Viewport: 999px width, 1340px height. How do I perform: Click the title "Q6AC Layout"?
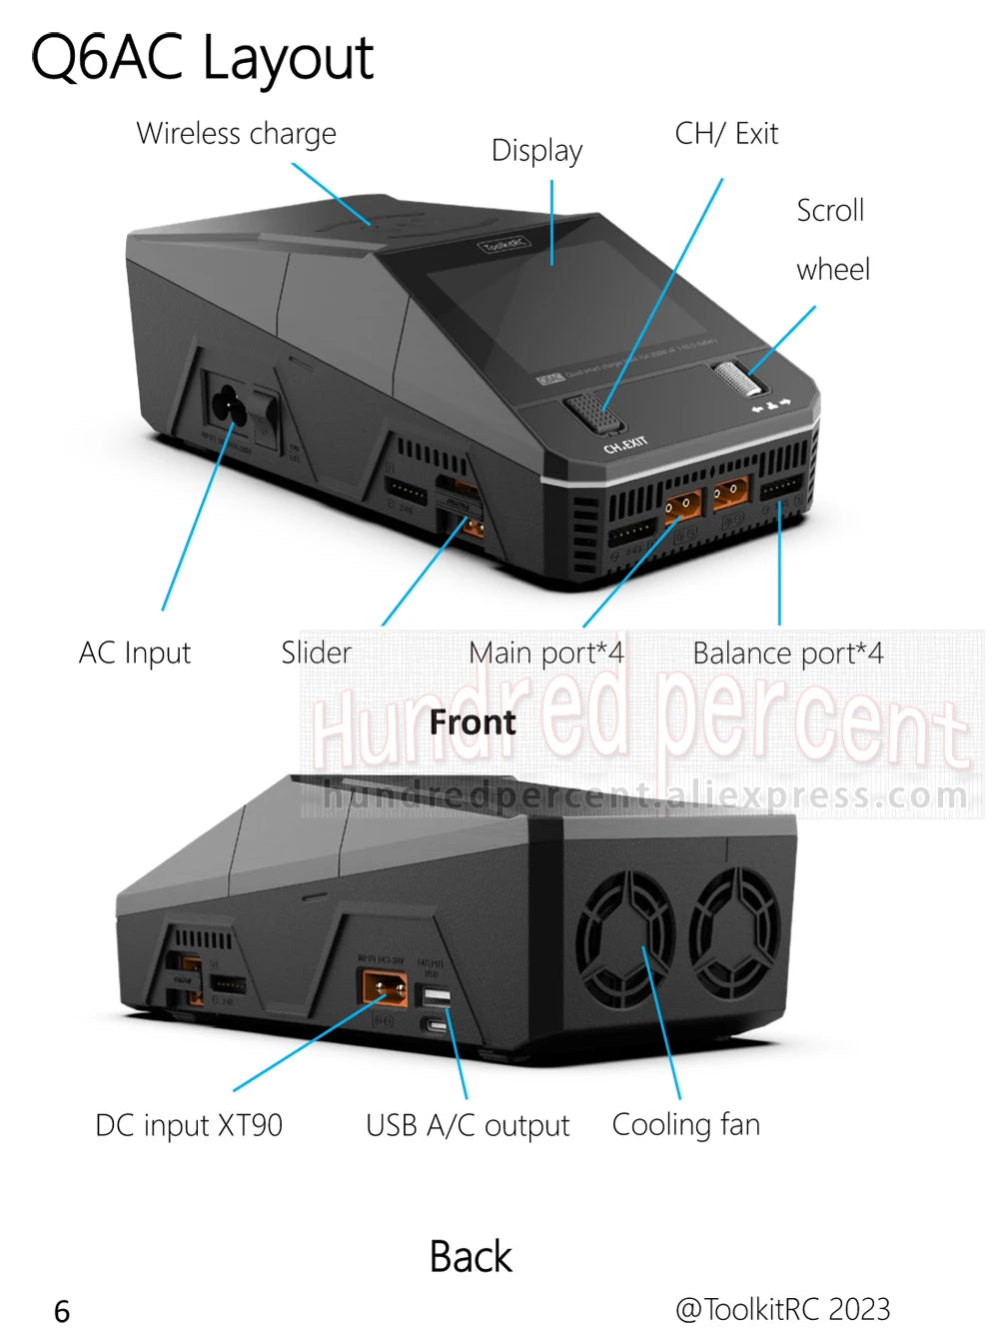point(203,57)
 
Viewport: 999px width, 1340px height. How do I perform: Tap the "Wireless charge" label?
point(236,134)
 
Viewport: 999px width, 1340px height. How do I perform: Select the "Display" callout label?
point(536,151)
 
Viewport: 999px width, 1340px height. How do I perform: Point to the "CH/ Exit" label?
point(726,134)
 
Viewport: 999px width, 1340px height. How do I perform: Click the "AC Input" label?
point(135,654)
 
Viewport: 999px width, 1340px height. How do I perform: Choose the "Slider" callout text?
point(316,654)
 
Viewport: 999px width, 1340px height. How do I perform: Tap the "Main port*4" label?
point(546,654)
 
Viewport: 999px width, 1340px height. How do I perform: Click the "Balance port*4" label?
point(787,654)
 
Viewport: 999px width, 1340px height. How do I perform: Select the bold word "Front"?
point(473,721)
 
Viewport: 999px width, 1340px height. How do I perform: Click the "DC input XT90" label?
point(189,1125)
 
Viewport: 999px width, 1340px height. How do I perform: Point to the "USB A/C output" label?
point(468,1126)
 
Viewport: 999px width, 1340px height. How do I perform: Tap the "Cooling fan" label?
point(685,1125)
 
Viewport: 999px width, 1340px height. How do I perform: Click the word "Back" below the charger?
point(471,1257)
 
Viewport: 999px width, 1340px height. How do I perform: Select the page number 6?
point(62,1311)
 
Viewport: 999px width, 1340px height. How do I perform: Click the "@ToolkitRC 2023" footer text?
point(782,1309)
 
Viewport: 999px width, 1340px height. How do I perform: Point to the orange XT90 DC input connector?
point(385,987)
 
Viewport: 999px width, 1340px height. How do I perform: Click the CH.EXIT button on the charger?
point(593,411)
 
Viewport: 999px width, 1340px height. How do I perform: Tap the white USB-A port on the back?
point(437,997)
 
